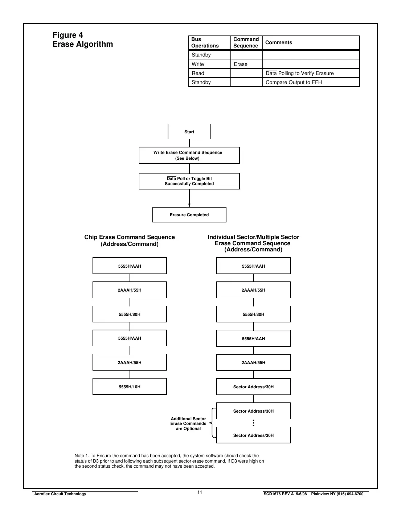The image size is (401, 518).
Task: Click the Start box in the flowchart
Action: click(189, 131)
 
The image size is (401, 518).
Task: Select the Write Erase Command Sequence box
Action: click(189, 155)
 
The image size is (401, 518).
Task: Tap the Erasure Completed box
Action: click(189, 215)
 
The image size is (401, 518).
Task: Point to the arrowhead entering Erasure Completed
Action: click(189, 205)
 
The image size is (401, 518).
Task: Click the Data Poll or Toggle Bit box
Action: click(189, 181)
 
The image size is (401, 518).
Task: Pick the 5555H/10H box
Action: click(130, 387)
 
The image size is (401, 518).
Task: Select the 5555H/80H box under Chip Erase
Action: click(130, 314)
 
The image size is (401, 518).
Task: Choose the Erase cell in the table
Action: click(241, 64)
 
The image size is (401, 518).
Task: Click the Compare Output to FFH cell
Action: click(294, 82)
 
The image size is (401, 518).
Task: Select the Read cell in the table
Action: click(198, 73)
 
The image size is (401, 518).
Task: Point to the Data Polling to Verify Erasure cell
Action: click(299, 73)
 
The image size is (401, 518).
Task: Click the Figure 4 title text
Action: click(68, 35)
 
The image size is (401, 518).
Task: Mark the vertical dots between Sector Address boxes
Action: click(253, 423)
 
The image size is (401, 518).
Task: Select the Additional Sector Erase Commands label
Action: click(188, 423)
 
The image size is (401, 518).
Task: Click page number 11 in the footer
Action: click(200, 492)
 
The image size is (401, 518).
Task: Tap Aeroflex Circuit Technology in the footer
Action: click(60, 494)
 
